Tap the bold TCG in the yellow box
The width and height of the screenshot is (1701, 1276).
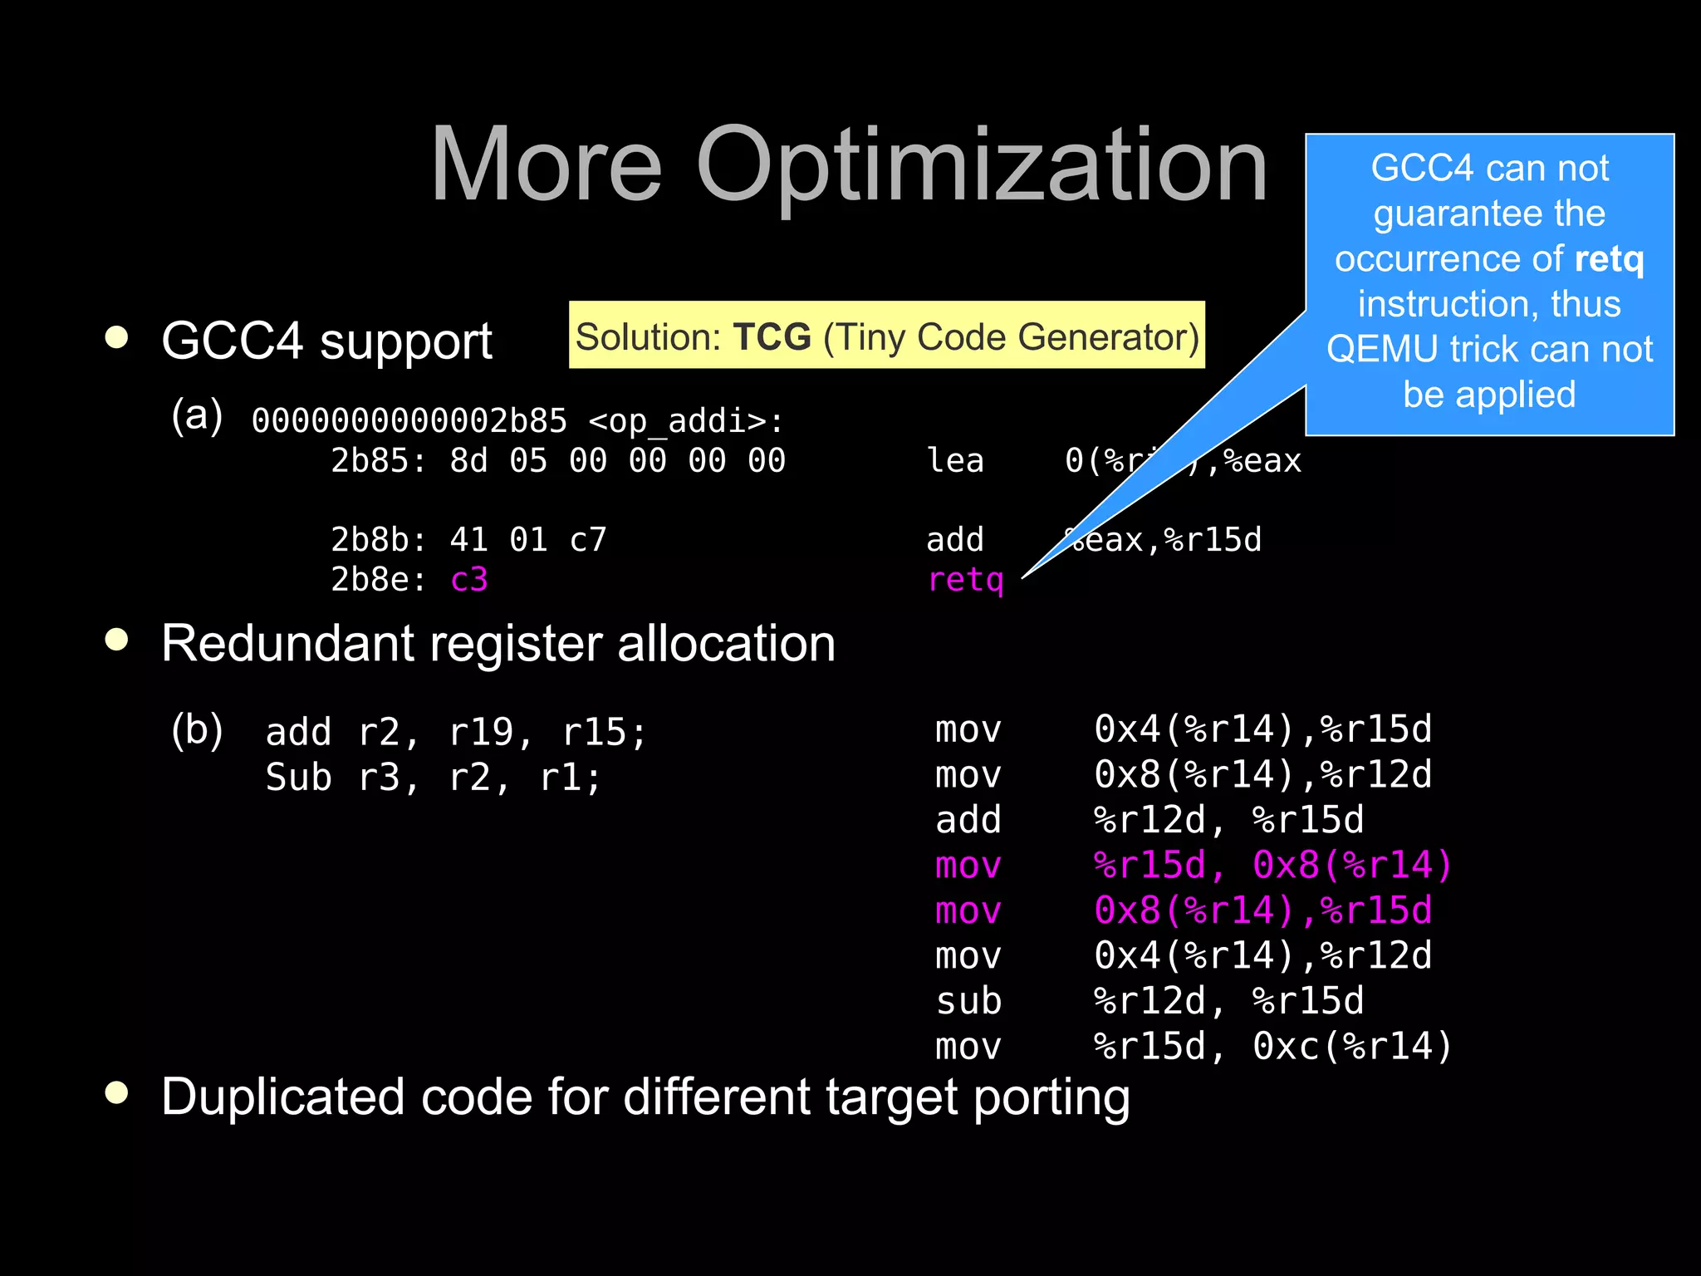click(x=772, y=336)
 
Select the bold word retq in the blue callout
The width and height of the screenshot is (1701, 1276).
click(x=1609, y=259)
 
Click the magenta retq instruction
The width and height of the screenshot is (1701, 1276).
click(x=965, y=580)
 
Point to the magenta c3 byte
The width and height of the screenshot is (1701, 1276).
click(x=468, y=580)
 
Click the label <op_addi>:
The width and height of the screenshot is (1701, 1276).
click(x=685, y=421)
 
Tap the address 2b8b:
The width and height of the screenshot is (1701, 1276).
click(x=378, y=540)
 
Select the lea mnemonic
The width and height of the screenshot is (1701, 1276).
click(x=955, y=460)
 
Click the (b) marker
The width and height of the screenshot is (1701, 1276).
click(x=197, y=730)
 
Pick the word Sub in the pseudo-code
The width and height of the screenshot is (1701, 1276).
click(x=298, y=778)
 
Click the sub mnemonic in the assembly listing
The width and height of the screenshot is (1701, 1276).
click(x=968, y=1001)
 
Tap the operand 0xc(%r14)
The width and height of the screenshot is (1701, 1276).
click(x=1352, y=1047)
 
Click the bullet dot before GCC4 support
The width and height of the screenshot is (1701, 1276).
click(x=117, y=337)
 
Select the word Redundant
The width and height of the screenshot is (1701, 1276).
click(x=287, y=643)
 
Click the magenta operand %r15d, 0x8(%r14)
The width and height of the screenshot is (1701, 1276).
click(x=1272, y=866)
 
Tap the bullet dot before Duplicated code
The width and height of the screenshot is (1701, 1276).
click(x=117, y=1092)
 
